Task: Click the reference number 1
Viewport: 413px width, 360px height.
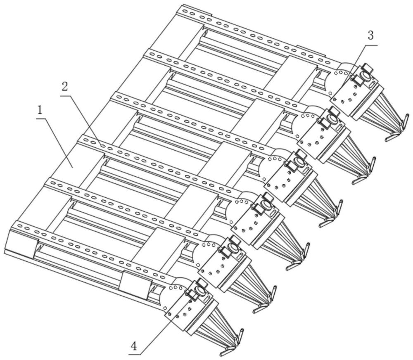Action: pyautogui.click(x=40, y=110)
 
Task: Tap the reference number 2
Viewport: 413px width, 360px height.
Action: pyautogui.click(x=64, y=87)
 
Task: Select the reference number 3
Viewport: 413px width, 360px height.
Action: pyautogui.click(x=370, y=36)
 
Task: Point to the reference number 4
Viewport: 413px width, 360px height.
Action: pyautogui.click(x=134, y=346)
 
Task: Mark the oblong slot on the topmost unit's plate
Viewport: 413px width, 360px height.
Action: pyautogui.click(x=373, y=84)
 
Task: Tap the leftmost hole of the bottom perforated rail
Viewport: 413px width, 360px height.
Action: pyautogui.click(x=19, y=225)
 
